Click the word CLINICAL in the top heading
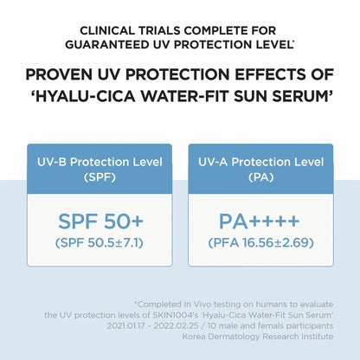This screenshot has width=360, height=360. point(107,30)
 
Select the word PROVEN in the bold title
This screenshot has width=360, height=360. point(59,74)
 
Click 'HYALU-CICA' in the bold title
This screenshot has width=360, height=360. point(83,96)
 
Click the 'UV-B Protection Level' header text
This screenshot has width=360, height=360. point(100,162)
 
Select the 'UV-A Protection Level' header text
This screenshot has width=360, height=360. point(261,162)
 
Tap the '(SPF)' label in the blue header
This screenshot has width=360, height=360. point(100,177)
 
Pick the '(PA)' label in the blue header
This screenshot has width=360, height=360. point(261,177)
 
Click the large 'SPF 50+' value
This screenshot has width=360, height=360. point(100,222)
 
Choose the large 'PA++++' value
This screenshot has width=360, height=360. point(260,222)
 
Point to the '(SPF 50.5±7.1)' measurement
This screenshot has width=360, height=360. point(100,243)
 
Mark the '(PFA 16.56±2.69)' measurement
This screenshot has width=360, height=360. point(260,243)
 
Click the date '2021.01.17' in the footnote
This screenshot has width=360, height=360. point(126,325)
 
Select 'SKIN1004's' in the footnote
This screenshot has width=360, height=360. point(176,315)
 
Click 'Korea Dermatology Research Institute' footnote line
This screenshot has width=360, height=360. point(258,337)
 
